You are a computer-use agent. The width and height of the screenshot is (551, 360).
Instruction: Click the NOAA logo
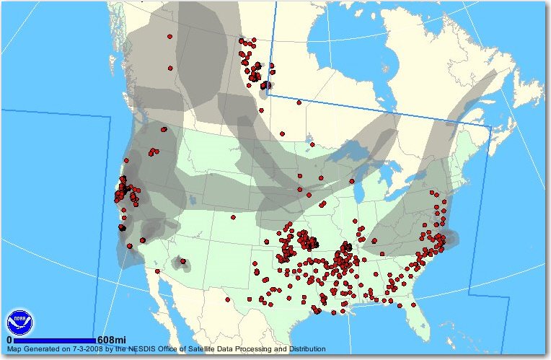point(19,322)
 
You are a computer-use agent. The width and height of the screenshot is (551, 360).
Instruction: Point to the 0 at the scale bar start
point(9,340)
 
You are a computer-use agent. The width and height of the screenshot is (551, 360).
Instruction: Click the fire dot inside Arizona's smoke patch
point(182,261)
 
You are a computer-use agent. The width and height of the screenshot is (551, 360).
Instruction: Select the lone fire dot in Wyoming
point(233,216)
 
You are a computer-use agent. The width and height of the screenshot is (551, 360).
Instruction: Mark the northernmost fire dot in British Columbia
point(170,36)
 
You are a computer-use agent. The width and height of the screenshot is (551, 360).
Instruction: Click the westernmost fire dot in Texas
point(227,299)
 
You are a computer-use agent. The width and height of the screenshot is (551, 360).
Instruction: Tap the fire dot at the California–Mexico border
point(157,271)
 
